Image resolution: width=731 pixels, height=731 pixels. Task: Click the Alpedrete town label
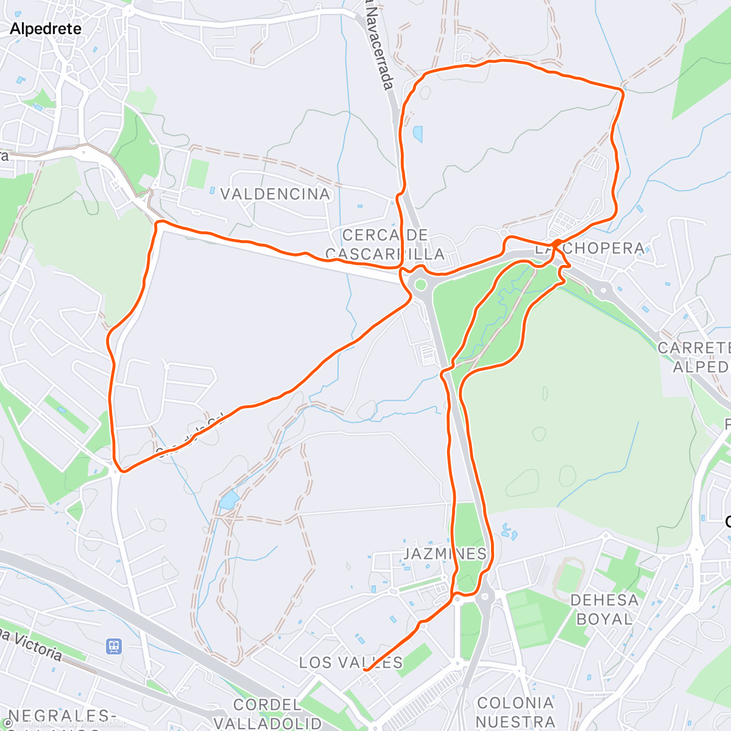pyautogui.click(x=46, y=29)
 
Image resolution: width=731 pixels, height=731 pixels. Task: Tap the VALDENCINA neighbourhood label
pyautogui.click(x=275, y=194)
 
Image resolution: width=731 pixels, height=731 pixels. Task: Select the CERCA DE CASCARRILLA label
pyautogui.click(x=385, y=244)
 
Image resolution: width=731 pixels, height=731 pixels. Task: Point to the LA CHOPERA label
pyautogui.click(x=590, y=248)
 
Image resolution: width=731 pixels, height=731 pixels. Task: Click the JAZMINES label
pyautogui.click(x=445, y=553)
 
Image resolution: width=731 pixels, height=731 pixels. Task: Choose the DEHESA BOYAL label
pyautogui.click(x=604, y=609)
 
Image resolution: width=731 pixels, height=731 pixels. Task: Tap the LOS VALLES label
pyautogui.click(x=351, y=662)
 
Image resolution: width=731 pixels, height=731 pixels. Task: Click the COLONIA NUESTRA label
pyautogui.click(x=515, y=712)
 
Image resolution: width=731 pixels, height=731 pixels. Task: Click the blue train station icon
pyautogui.click(x=113, y=645)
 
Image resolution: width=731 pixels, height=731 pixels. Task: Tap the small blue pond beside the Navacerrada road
pyautogui.click(x=417, y=133)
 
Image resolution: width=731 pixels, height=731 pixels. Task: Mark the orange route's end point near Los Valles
pyautogui.click(x=365, y=669)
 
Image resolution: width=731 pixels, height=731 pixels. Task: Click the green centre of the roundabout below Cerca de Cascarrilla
pyautogui.click(x=420, y=284)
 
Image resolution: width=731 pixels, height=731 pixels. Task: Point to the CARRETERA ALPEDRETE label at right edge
pyautogui.click(x=694, y=357)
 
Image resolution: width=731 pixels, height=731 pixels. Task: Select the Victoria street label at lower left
pyautogui.click(x=34, y=646)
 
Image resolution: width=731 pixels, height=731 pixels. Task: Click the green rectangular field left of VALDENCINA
pyautogui.click(x=197, y=173)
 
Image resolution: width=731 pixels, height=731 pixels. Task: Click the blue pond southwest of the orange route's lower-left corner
pyautogui.click(x=228, y=500)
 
